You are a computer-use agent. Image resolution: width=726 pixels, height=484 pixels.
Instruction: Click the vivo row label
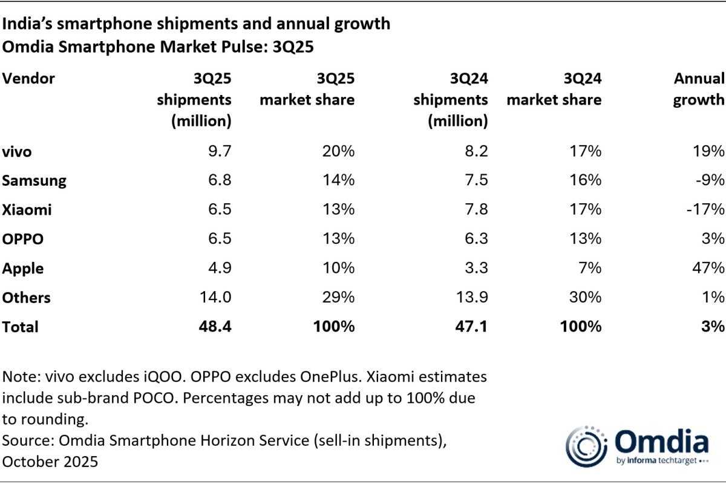(17, 152)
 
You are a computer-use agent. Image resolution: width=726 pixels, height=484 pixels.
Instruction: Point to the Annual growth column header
(698, 89)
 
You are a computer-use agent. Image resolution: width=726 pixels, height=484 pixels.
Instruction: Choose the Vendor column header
(29, 79)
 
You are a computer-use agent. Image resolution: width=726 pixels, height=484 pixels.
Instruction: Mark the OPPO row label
(22, 239)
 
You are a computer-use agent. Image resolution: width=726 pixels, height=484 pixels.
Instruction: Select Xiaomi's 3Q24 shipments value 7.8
(474, 210)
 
